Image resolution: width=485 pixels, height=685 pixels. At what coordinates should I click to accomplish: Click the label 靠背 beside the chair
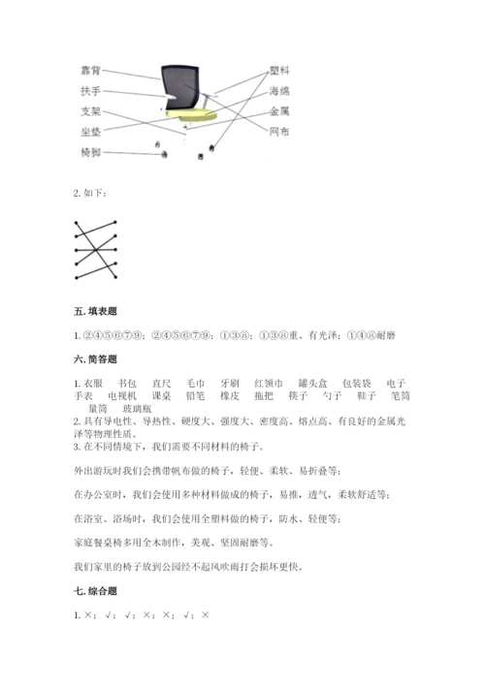[x=92, y=71]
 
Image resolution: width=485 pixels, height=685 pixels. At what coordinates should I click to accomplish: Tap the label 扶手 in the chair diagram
[x=92, y=91]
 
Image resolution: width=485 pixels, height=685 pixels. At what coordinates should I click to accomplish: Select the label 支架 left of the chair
[x=92, y=111]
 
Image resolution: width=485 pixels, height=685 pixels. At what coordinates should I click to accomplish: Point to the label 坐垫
[x=92, y=132]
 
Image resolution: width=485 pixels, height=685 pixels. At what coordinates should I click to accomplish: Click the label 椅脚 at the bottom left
[x=92, y=153]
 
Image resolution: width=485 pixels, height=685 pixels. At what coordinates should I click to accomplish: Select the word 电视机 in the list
[x=121, y=397]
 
